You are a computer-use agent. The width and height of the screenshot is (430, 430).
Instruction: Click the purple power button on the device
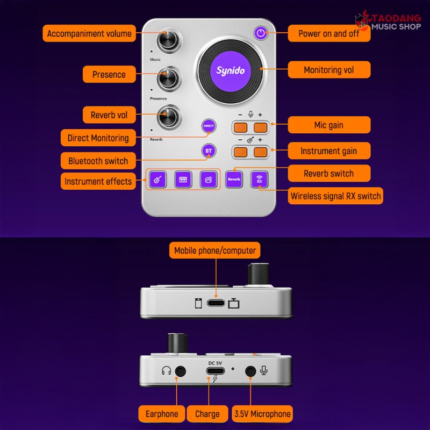261,33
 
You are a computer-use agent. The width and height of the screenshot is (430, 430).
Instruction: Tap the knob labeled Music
169,41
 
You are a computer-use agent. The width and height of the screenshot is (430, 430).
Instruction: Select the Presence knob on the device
169,79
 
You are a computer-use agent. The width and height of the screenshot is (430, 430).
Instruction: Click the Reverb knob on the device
169,117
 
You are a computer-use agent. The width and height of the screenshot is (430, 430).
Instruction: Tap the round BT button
209,151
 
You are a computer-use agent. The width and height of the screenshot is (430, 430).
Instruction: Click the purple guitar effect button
157,180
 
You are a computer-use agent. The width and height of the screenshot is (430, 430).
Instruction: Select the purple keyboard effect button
183,180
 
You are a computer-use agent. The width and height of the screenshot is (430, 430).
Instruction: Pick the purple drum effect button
209,180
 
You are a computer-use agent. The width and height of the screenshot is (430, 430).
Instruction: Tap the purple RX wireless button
260,180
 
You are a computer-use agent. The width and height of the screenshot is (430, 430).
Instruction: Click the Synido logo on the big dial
231,71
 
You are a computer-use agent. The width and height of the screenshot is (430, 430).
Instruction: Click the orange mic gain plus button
260,127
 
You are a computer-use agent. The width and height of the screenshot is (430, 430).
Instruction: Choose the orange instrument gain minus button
240,152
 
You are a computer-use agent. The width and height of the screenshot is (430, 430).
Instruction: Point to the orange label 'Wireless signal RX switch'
335,196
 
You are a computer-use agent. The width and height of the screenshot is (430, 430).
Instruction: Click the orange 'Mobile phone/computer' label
214,250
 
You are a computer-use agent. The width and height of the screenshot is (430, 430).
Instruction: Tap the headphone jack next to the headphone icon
180,371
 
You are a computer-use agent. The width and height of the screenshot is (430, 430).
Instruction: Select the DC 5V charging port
216,371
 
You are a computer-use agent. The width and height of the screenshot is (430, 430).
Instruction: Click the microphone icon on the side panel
264,370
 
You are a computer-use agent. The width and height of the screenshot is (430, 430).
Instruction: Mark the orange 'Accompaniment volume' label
89,33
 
